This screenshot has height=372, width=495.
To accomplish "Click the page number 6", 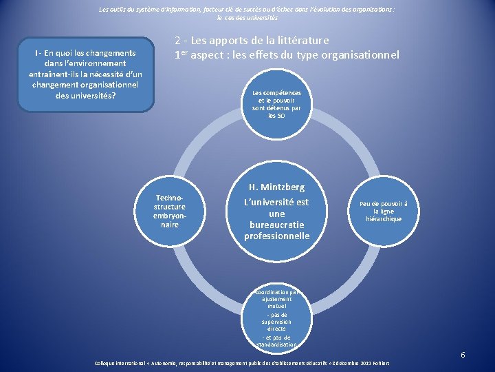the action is [x=463, y=355].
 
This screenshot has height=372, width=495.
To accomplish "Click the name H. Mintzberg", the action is [x=276, y=187].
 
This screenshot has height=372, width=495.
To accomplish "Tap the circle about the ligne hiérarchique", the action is [x=384, y=211].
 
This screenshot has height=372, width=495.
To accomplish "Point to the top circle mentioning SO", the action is [x=276, y=104].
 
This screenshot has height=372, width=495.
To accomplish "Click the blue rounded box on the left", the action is [x=86, y=74].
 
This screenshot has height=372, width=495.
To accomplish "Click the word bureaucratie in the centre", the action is [x=276, y=225].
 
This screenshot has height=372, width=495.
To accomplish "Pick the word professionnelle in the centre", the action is [x=276, y=236].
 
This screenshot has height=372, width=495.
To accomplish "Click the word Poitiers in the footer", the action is [x=383, y=363].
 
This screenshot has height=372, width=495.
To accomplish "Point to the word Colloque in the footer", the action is [x=108, y=363].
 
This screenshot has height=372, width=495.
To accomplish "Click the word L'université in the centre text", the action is [x=276, y=202].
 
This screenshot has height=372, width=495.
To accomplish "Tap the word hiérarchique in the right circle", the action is [x=384, y=219].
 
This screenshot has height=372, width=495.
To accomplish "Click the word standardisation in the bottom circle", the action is [x=276, y=344].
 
